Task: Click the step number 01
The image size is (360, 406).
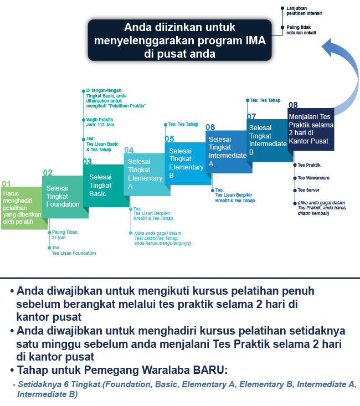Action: [x=6, y=183]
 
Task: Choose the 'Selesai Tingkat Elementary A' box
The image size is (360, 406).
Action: [x=146, y=174]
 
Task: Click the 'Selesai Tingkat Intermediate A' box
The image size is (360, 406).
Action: [x=228, y=151]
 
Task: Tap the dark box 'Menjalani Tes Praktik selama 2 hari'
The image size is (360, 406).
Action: [x=310, y=129]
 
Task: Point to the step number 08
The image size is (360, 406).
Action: [x=293, y=105]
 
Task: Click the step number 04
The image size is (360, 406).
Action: [x=128, y=150]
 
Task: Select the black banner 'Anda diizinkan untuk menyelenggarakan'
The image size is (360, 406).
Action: [x=179, y=40]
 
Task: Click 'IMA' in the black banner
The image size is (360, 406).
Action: [x=254, y=40]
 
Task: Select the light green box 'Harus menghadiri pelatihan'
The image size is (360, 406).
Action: [x=21, y=208]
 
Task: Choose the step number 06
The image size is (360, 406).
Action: [x=210, y=127]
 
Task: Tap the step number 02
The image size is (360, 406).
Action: [x=48, y=172]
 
